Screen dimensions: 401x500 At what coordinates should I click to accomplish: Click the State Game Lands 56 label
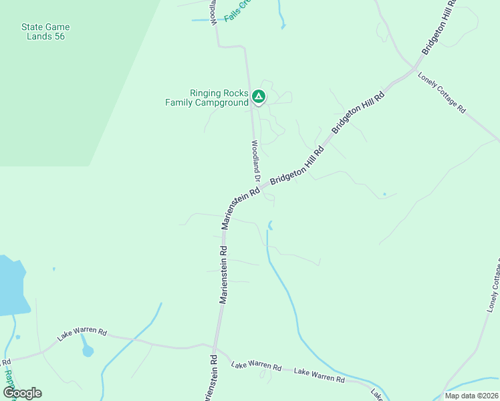pyautogui.click(x=45, y=31)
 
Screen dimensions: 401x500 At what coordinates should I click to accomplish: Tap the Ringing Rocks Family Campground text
pyautogui.click(x=209, y=98)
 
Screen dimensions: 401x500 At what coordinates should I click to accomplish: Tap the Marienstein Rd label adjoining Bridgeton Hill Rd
pyautogui.click(x=240, y=208)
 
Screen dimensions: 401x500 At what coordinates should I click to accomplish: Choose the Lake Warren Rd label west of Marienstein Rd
pyautogui.click(x=82, y=333)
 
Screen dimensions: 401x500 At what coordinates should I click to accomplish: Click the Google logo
pyautogui.click(x=22, y=392)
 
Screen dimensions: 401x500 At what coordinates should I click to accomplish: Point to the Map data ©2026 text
pyautogui.click(x=471, y=396)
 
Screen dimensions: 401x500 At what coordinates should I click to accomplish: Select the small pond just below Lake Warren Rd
pyautogui.click(x=87, y=350)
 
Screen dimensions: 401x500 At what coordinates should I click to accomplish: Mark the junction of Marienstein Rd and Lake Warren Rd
pyautogui.click(x=214, y=348)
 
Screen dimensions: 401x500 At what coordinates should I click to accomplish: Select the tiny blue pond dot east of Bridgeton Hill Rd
pyautogui.click(x=384, y=194)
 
